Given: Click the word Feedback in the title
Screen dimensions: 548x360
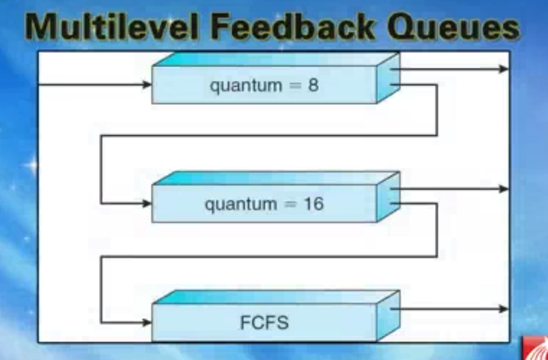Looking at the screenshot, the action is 293,27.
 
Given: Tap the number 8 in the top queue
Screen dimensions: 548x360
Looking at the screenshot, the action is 313,85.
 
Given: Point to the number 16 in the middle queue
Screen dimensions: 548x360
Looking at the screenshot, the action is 313,204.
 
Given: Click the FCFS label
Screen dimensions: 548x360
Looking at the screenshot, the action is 264,322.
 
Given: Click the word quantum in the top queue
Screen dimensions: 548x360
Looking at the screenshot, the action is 245,87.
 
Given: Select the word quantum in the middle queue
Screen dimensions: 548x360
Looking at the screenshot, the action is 241,205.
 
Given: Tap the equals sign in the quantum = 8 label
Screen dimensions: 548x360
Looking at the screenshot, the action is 295,86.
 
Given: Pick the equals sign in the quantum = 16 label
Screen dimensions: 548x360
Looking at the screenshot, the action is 290,205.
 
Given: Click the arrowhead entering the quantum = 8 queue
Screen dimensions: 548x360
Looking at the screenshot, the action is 147,84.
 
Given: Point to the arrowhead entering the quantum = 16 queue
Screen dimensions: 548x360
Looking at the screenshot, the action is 147,204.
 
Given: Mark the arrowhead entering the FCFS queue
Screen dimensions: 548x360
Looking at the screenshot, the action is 147,322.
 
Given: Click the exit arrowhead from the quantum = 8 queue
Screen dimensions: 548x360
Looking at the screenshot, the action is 504,69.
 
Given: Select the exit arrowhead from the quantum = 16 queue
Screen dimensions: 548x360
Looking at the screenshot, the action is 504,189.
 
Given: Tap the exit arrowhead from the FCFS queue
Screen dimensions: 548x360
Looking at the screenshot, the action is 504,308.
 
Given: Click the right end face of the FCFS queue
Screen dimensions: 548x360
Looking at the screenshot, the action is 389,316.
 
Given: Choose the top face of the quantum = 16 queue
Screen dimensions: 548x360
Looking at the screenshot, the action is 276,178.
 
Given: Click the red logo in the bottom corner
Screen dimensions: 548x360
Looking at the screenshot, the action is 536,349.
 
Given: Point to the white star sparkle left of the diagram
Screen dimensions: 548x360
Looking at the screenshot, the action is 32,164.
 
